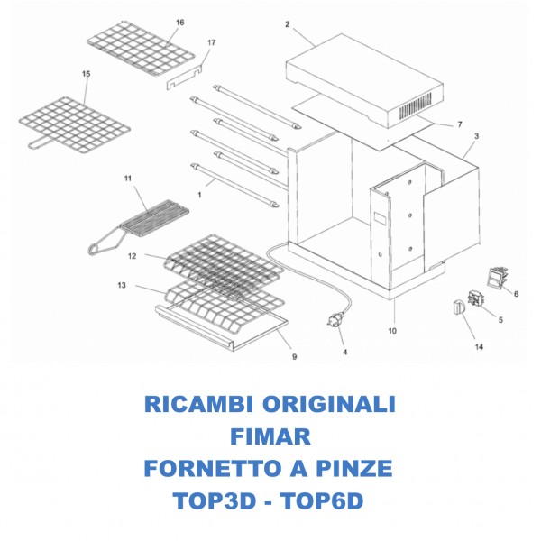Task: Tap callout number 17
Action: point(212,42)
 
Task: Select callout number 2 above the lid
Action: point(287,24)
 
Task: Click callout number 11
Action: point(128,179)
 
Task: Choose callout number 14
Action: point(479,346)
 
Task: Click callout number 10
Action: point(392,331)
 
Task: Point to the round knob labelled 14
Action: point(456,307)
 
